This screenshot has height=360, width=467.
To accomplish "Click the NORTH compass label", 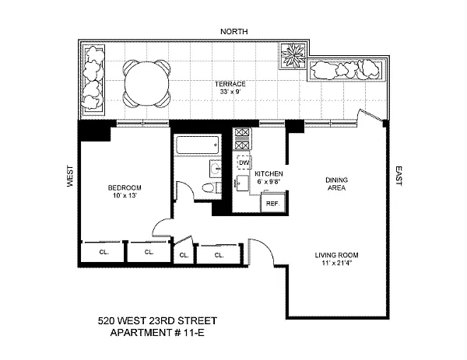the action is coord(233,31).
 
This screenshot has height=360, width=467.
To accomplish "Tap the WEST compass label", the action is coord(70,177).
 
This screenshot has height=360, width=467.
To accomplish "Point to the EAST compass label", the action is coord(399,177).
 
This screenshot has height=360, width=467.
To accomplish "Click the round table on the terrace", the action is coord(146,83).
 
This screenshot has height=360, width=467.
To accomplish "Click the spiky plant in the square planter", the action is coord(293,56).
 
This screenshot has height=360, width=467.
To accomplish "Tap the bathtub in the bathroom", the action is coord(198,145).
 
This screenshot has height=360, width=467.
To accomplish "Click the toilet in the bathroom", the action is coord(212,187).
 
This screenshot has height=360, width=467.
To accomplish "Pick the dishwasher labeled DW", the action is coord(244,163).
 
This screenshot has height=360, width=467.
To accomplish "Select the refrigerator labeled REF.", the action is coord(272,204).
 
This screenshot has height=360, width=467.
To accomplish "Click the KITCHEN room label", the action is coord(269,173).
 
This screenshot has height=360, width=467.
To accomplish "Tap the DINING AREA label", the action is coord(336,183).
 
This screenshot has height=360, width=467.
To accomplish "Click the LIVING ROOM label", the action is coord(336,255).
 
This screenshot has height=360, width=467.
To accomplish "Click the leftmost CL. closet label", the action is coord(104,252).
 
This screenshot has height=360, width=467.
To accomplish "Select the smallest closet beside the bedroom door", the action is coord(184,252).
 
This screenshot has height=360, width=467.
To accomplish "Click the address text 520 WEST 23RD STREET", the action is coord(157,320).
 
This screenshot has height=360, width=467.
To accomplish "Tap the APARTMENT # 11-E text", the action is coord(157,332).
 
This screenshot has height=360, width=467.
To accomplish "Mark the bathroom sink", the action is coord(216,169).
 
